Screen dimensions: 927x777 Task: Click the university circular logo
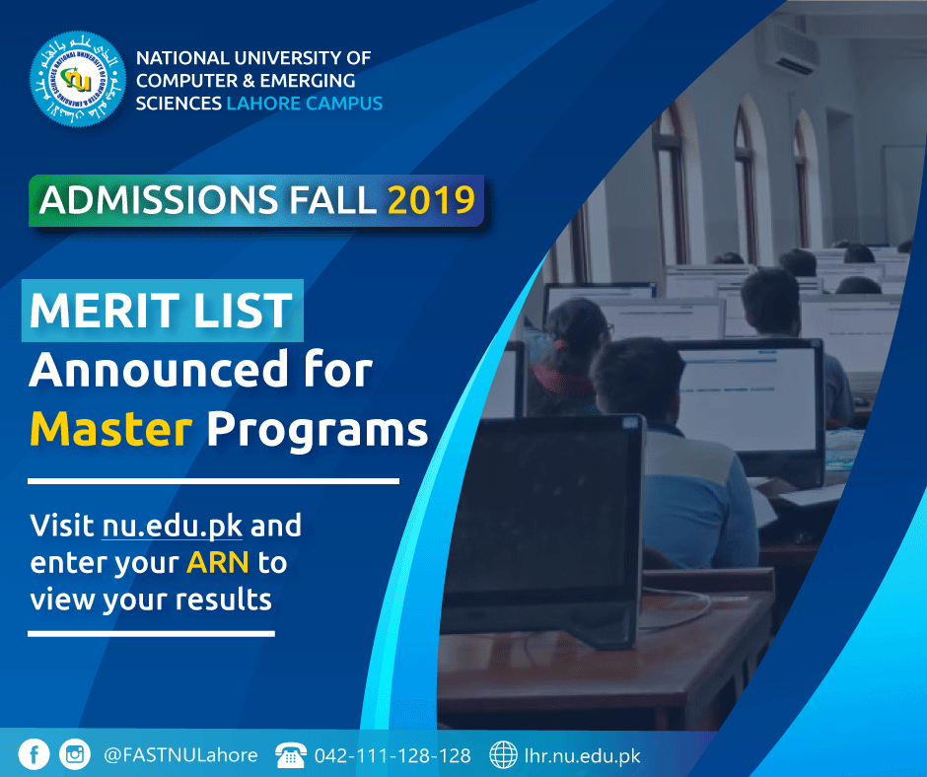(78, 79)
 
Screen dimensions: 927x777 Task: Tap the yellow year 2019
(431, 200)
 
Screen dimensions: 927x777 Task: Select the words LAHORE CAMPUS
(305, 104)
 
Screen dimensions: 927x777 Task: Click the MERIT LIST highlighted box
(163, 311)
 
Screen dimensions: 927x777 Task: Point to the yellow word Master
(111, 429)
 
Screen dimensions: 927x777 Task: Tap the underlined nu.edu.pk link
(172, 526)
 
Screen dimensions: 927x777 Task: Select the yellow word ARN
(218, 562)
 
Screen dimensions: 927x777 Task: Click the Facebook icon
(34, 754)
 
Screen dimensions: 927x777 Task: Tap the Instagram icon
(75, 754)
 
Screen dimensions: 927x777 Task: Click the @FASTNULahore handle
(180, 755)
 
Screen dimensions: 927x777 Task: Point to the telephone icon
(291, 755)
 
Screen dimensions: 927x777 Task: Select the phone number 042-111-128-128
(392, 755)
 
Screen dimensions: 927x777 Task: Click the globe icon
(503, 754)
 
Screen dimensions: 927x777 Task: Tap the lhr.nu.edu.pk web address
(582, 755)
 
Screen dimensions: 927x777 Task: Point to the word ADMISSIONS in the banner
(159, 200)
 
